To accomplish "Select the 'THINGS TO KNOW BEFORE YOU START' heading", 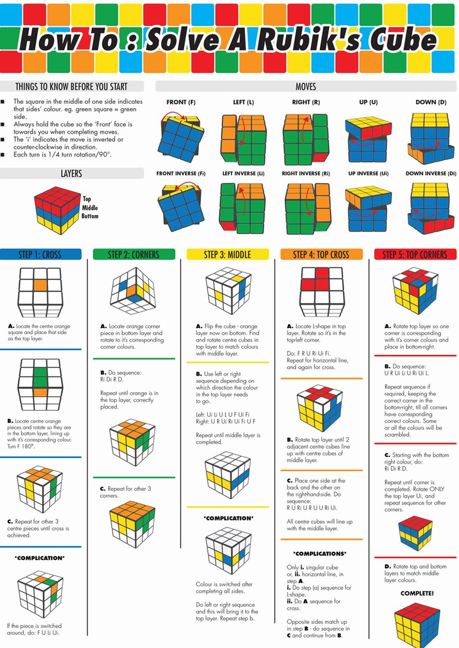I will pos(72,86).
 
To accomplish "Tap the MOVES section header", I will pos(305,86).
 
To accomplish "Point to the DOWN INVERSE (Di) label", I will pos(431,173).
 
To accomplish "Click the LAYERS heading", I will pos(72,173).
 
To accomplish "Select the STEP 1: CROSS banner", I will pos(41,254).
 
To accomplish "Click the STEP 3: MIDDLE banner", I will pos(228,254).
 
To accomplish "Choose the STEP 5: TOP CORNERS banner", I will pos(415,254).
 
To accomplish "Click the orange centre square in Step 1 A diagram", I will pos(41,286).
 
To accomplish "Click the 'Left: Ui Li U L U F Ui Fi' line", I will pos(222,414).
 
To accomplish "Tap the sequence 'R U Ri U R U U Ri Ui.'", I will pos(312,508).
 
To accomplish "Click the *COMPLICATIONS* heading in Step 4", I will pos(321,553).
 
